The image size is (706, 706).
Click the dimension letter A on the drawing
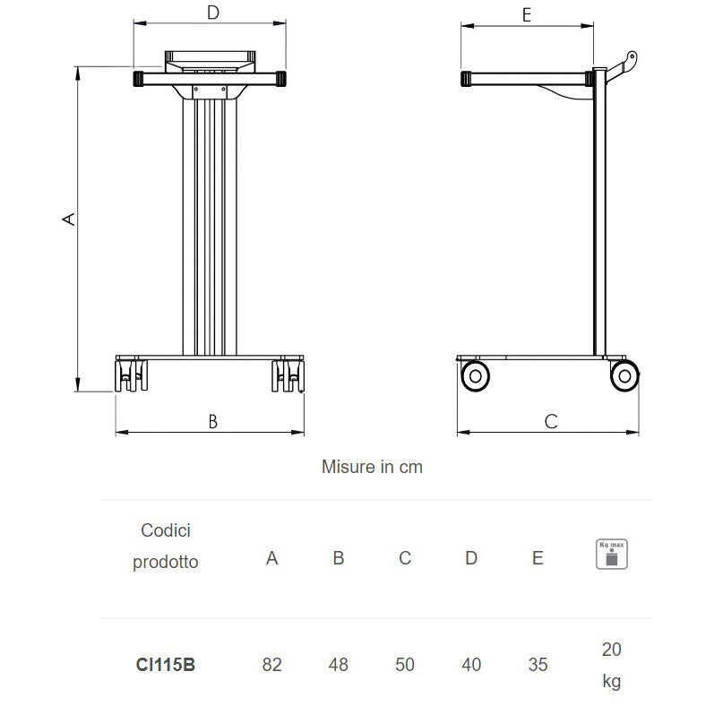[67, 219]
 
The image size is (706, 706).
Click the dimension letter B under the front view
[212, 421]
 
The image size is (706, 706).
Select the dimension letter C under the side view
[551, 420]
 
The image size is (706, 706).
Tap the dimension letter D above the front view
[212, 13]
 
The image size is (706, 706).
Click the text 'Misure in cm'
[372, 467]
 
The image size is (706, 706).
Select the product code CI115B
[166, 665]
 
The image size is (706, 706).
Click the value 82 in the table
[272, 665]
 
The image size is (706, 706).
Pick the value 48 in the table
[339, 665]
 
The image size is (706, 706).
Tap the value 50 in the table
[405, 665]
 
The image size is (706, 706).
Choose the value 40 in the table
[471, 665]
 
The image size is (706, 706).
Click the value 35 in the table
[538, 665]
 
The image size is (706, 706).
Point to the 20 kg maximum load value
[611, 665]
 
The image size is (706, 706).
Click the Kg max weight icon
[612, 554]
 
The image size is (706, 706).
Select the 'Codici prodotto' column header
[166, 547]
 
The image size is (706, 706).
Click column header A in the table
[272, 558]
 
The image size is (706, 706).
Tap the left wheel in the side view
[475, 375]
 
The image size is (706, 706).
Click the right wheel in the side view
[625, 375]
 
